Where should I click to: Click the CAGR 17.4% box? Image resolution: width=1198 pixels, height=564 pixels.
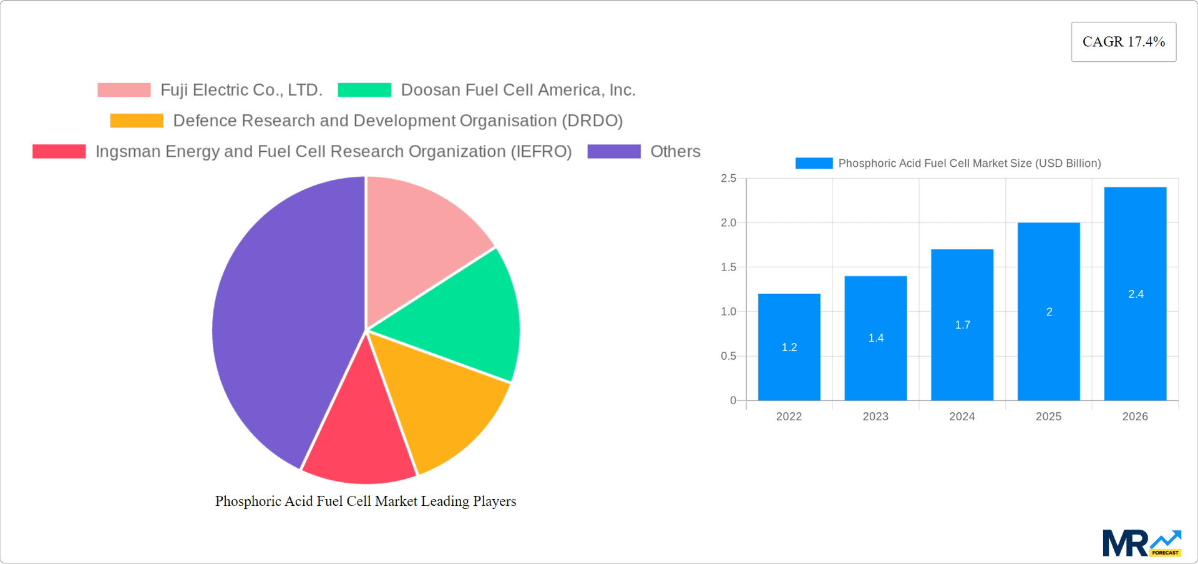(1123, 42)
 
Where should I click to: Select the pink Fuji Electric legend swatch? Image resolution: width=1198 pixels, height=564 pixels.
(124, 90)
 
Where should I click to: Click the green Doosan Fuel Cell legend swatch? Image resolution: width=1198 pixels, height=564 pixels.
(364, 90)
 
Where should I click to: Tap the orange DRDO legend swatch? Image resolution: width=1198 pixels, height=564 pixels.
(137, 121)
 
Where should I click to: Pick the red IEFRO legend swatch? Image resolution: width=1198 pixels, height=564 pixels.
(59, 151)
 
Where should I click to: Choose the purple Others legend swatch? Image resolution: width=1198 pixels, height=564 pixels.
(614, 151)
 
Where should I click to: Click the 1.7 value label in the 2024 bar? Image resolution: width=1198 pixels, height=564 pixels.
(962, 325)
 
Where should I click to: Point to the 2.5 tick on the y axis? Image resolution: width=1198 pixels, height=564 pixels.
(728, 179)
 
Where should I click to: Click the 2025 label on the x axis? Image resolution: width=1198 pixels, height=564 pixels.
(1048, 417)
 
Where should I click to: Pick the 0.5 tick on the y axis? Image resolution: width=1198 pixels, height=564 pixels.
(728, 356)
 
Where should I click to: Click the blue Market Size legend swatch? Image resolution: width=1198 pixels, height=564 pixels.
(814, 163)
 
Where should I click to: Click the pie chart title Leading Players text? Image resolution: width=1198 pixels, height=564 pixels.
(366, 501)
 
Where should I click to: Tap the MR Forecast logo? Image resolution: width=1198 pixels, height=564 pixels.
(1141, 543)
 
